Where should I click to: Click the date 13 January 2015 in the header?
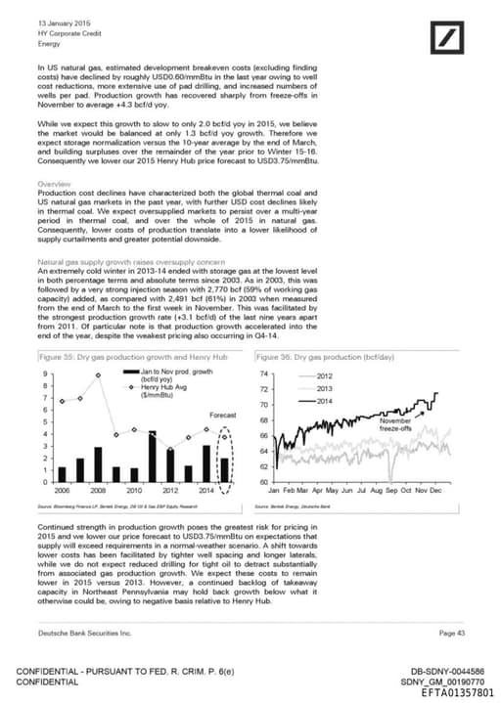(x=65, y=22)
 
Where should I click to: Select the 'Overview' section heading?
(x=54, y=185)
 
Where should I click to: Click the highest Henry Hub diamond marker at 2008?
(x=98, y=375)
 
